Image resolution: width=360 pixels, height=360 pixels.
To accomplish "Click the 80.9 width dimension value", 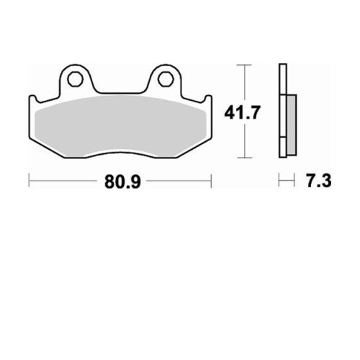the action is pos(122,181).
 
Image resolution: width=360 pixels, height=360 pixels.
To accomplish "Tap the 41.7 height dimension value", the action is pos(242,112).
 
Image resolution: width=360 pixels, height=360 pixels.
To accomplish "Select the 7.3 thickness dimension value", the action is pos(318,181).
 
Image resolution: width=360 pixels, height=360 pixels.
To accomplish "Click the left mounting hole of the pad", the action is pos(75,79).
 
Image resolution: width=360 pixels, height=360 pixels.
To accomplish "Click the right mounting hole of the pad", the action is pos(165,79).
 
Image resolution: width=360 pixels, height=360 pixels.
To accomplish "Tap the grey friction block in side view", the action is pos(292,125).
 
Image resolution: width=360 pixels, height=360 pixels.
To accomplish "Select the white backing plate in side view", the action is pos(283,111).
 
